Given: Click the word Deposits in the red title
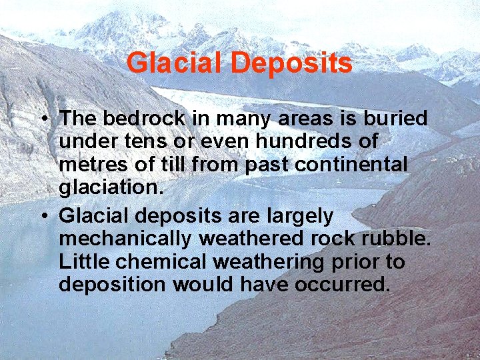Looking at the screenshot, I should (x=291, y=63).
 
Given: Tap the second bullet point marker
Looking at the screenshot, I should (x=42, y=216).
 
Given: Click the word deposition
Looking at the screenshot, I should (x=112, y=285).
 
